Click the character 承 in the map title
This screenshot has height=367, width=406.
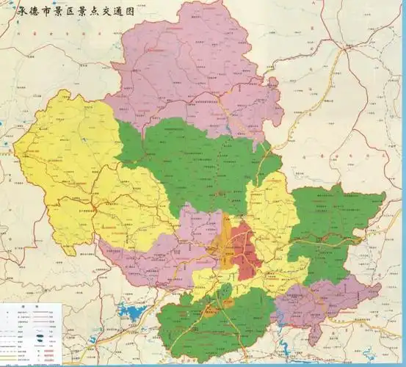pyautogui.click(x=10, y=13)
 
